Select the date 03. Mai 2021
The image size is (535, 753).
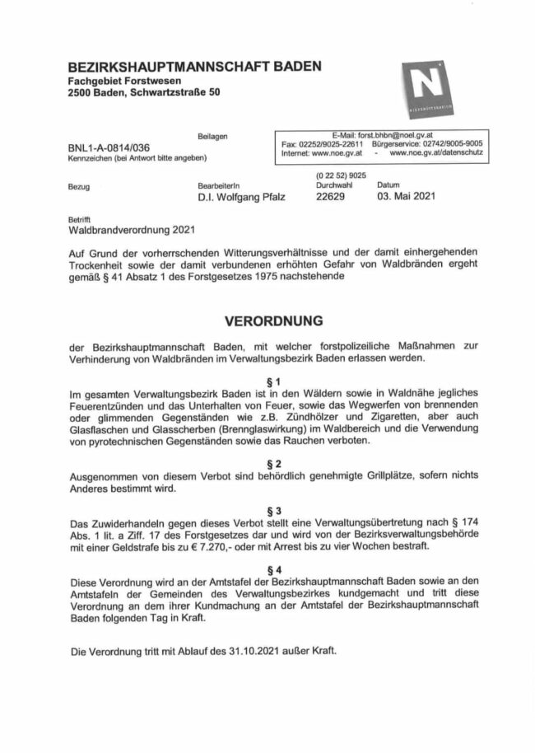click(x=404, y=197)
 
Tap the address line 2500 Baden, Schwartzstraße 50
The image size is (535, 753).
click(x=144, y=94)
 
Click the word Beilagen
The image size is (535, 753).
click(x=212, y=135)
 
